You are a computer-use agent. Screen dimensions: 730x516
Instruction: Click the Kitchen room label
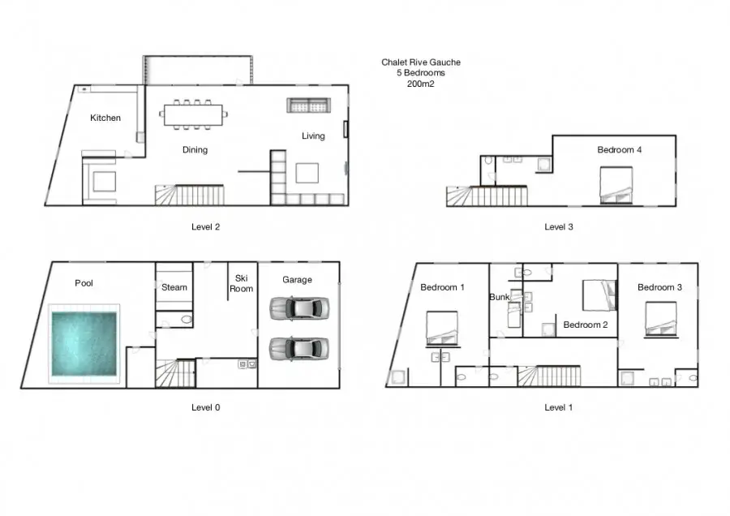105,118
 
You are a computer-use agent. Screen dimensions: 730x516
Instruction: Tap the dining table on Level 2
193,114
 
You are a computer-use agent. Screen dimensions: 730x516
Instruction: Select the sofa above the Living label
309,105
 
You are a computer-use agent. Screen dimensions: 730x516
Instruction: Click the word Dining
195,149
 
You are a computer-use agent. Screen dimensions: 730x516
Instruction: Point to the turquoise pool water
84,344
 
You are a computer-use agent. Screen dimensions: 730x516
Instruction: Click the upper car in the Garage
299,307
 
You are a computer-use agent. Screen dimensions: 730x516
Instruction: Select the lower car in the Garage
299,348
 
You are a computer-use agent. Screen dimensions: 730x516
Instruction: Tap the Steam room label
174,287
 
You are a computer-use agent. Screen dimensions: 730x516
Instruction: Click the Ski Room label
241,283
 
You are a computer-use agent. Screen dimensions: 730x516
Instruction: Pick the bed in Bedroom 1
442,329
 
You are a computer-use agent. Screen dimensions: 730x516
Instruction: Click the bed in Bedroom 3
661,319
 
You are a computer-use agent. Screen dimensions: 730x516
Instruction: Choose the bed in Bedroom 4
616,185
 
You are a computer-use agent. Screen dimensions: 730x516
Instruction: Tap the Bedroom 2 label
586,325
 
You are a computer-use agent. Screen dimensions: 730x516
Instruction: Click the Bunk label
500,297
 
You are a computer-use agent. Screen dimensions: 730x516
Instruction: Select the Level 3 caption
559,227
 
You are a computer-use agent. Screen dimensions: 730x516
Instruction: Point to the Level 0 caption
205,407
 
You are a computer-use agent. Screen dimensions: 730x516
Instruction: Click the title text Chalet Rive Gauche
421,62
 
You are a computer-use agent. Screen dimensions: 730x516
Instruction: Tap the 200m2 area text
420,84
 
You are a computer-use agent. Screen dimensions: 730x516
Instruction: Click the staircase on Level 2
190,196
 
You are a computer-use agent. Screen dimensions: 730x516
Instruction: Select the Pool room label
84,283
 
